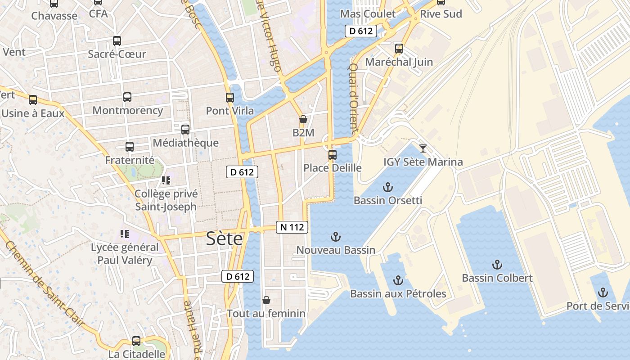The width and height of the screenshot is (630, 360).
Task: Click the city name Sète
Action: click(224, 238)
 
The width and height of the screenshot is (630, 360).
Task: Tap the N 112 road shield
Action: click(292, 227)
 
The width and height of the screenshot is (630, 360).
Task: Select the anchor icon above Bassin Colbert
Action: click(497, 265)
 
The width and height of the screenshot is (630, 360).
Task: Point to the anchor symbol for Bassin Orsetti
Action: click(387, 187)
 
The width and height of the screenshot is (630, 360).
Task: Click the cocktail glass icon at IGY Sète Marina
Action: click(423, 148)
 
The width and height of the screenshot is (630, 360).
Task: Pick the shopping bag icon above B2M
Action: click(303, 119)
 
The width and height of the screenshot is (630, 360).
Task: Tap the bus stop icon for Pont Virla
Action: click(230, 97)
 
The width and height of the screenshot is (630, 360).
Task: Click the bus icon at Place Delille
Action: click(333, 155)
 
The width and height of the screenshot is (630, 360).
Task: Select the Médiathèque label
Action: click(185, 143)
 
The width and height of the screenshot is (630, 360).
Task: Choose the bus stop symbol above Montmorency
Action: click(127, 97)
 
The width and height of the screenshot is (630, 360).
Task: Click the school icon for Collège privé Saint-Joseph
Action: click(166, 180)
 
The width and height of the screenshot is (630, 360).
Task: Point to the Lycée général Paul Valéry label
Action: click(125, 254)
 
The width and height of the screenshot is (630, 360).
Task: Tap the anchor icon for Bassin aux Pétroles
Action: click(398, 281)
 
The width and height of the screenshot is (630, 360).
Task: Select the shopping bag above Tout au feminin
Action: click(266, 300)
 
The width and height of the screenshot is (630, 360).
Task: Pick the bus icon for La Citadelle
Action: click(136, 341)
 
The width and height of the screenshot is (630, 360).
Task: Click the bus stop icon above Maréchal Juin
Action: click(399, 49)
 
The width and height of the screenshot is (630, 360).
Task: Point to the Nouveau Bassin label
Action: click(336, 250)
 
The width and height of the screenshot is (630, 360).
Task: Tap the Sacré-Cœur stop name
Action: click(117, 54)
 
